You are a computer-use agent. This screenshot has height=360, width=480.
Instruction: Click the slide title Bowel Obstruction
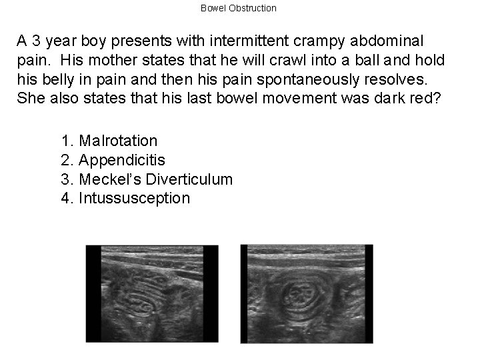point(238,8)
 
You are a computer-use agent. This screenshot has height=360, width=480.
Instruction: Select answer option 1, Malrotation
point(109,141)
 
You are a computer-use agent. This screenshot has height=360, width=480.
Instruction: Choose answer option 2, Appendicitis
point(113,160)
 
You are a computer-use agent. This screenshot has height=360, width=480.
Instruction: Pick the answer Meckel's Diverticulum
point(147,179)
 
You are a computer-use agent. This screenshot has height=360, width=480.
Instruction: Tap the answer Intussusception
point(125,199)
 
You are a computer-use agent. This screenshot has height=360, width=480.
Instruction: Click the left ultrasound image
point(152,294)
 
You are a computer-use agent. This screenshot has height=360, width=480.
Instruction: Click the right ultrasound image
point(306,294)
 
